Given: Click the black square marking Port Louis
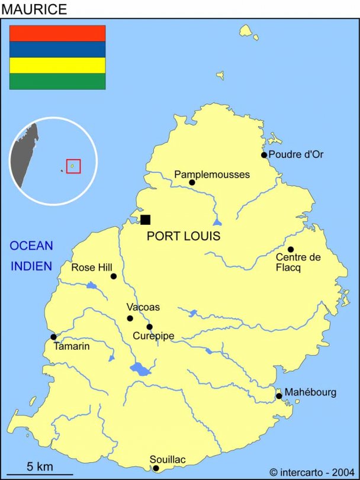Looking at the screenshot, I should point(145,220).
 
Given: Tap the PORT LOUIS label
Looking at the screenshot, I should point(184,236).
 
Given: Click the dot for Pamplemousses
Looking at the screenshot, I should point(192,182).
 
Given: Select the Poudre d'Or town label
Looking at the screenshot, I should point(296,154).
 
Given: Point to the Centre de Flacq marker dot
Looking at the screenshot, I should point(291,249).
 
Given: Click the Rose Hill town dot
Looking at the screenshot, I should point(114,276).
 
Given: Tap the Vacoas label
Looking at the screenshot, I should point(143,307).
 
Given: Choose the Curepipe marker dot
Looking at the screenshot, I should point(149,327).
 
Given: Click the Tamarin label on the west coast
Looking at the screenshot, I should point(72,346).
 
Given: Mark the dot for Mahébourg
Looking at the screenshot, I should point(279,396).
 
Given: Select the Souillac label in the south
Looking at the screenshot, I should point(168,459).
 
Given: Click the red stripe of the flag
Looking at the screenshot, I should point(57,33).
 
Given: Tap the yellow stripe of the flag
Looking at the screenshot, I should point(57,65).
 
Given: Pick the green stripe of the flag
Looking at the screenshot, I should point(57,81).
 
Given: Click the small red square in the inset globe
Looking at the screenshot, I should point(73,166).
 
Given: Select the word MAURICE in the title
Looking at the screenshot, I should point(34,9).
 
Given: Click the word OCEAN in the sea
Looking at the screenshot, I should point(31,246).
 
